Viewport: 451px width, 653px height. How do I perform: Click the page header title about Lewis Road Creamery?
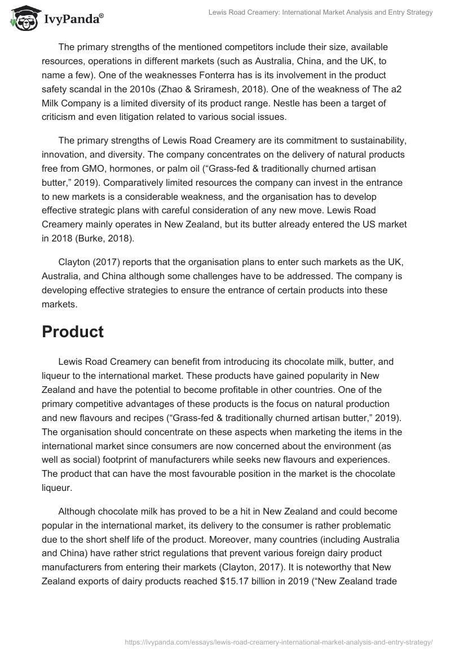coord(321,12)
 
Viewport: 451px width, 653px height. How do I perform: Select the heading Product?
coord(73,332)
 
